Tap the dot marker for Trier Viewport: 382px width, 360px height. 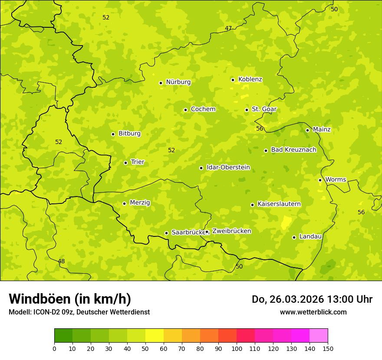point(126,163)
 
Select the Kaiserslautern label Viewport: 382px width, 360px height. point(279,204)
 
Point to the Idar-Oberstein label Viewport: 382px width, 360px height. point(228,167)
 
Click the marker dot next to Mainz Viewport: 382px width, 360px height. point(307,130)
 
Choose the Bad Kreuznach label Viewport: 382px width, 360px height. point(293,150)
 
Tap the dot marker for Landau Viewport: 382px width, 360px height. point(294,237)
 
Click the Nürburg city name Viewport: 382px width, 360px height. point(178,82)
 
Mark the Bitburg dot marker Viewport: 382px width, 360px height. point(113,134)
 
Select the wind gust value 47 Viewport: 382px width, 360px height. point(228,29)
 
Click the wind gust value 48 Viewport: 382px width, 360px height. point(61,261)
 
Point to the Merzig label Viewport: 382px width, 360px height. point(140,203)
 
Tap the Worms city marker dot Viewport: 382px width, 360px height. point(320,180)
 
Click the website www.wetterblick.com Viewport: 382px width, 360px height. point(313,312)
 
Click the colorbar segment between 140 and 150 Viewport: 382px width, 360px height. point(319,336)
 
